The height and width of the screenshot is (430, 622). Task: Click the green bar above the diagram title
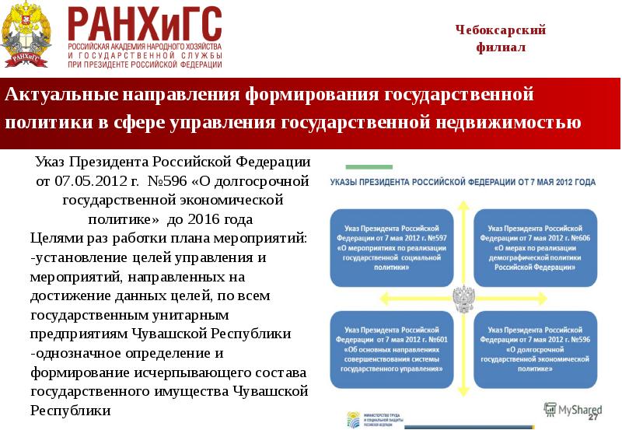pos(369,166)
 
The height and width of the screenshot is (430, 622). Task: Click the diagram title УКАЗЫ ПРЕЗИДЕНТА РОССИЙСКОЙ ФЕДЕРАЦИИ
pos(463,182)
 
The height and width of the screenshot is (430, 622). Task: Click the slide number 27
pos(593,419)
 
